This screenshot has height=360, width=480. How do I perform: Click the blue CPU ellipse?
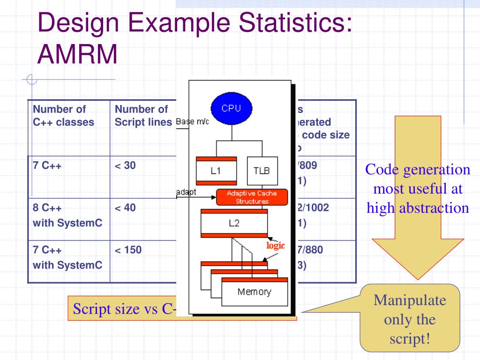pyautogui.click(x=231, y=109)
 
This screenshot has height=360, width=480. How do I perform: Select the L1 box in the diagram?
pyautogui.click(x=216, y=171)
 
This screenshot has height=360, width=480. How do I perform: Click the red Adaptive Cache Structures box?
pyautogui.click(x=251, y=197)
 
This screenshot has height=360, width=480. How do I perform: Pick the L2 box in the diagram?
pyautogui.click(x=234, y=223)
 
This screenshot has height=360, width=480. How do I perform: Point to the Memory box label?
pyautogui.click(x=254, y=292)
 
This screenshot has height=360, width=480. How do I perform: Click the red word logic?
pyautogui.click(x=276, y=246)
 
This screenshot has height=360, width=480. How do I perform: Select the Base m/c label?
pyautogui.click(x=192, y=122)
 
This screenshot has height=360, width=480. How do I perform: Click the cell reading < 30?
pyautogui.click(x=125, y=165)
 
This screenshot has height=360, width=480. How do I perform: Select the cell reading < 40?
pyautogui.click(x=125, y=207)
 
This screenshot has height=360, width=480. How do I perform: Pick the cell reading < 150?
pyautogui.click(x=128, y=250)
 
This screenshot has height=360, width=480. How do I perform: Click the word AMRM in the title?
pyautogui.click(x=77, y=55)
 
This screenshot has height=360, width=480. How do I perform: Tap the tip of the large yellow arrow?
pyautogui.click(x=418, y=278)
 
